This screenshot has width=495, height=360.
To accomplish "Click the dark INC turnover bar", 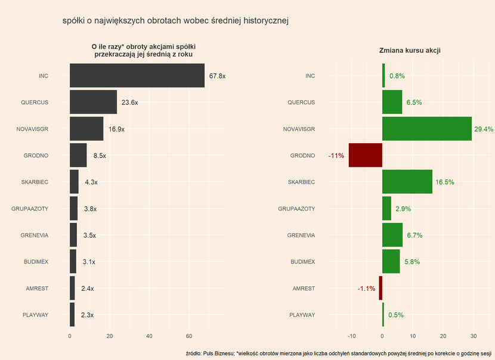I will point(137,76).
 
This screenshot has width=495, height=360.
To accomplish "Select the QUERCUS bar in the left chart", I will point(93,102).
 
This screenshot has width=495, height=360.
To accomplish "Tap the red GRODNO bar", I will point(365,156).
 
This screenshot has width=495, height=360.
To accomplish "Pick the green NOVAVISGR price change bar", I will point(426,129).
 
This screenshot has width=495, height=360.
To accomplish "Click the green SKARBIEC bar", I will point(407,182).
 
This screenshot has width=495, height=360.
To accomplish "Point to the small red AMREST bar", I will point(380,288).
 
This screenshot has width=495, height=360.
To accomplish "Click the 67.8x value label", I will point(217,76).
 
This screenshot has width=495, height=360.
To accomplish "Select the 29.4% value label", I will point(484,129).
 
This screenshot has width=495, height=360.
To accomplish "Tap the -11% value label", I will point(336,156).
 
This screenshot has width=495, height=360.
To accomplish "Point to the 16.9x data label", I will point(117,129).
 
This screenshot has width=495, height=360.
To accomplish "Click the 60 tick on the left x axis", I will point(189,336).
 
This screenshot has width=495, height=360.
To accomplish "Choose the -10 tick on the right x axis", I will point(351,336).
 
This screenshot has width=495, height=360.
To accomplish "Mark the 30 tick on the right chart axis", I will point(474,336).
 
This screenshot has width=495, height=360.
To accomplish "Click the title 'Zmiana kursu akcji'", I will point(410,51).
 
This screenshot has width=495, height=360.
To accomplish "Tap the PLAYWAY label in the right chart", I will point(302,315).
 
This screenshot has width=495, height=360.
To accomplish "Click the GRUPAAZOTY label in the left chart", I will point(30,209).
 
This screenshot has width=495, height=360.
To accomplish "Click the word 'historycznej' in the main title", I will point(262,21).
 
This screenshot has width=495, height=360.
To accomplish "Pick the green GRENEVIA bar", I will point(392,235).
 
